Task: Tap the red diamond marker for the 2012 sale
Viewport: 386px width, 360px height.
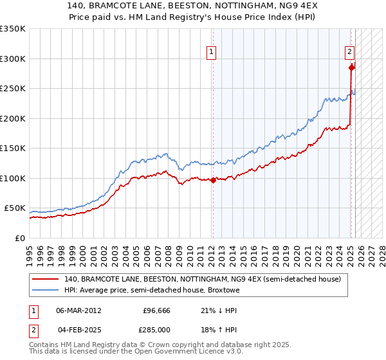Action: click(x=213, y=181)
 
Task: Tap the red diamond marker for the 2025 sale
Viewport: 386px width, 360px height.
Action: click(x=351, y=67)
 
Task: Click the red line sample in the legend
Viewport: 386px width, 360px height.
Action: click(x=45, y=280)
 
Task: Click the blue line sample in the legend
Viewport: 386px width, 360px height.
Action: click(x=45, y=291)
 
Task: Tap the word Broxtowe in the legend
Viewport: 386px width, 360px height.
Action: click(x=223, y=291)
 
